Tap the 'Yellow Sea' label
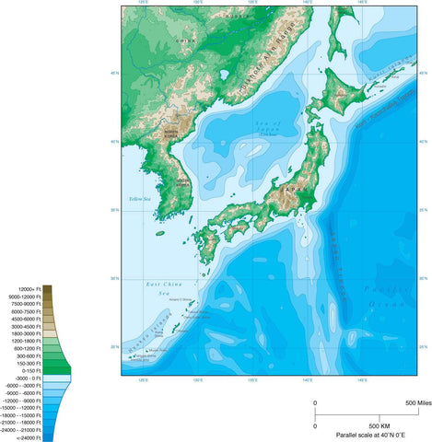click(139, 199)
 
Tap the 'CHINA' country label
click(186, 40)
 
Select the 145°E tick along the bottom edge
click(363, 379)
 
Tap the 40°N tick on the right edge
click(423, 142)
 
